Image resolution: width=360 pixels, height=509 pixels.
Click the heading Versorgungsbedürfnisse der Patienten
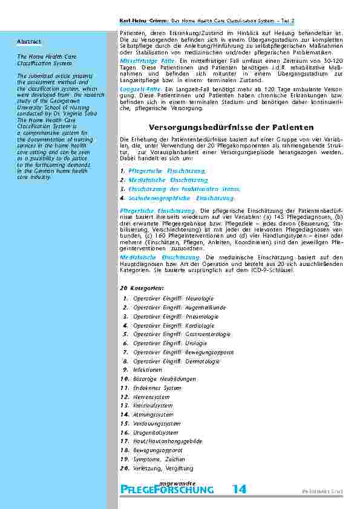(231, 128)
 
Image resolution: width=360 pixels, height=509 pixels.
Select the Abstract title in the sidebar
(29, 41)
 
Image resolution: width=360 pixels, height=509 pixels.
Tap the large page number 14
(239, 490)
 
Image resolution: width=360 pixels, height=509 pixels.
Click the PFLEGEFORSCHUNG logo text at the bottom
(167, 490)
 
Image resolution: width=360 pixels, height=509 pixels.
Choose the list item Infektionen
(148, 369)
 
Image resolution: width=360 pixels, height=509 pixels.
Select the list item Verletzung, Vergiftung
(163, 468)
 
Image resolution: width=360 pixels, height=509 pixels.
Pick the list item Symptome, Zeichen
(159, 459)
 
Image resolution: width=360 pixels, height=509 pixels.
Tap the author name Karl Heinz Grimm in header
(140, 21)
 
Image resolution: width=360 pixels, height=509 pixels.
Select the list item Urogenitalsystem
(155, 433)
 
